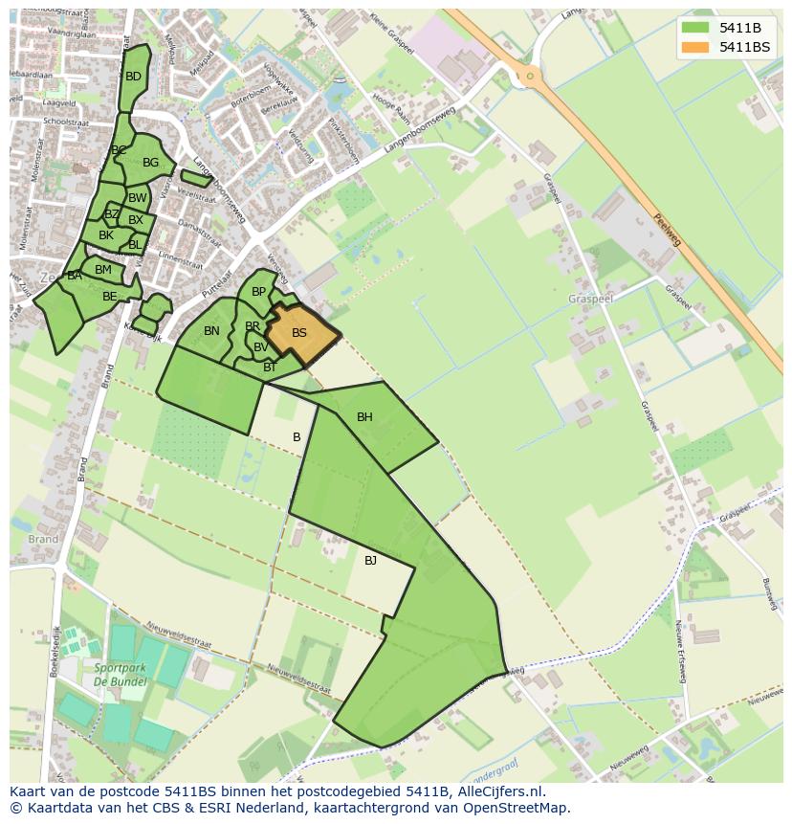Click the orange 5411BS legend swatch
point(695,47)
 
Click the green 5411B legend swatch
point(695,28)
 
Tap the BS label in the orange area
point(299,333)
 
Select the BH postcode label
point(364,417)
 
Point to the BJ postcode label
point(370,561)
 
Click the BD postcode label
point(133,77)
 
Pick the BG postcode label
point(150,163)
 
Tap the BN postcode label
point(211,331)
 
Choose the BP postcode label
point(258,292)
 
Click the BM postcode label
point(103,270)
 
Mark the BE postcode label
point(110,297)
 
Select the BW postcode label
point(138,198)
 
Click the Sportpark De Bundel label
point(120,674)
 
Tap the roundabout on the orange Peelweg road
point(529,75)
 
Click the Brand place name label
point(43,540)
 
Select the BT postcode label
point(270,367)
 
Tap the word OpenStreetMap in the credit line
point(521,808)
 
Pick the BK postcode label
point(106,235)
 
